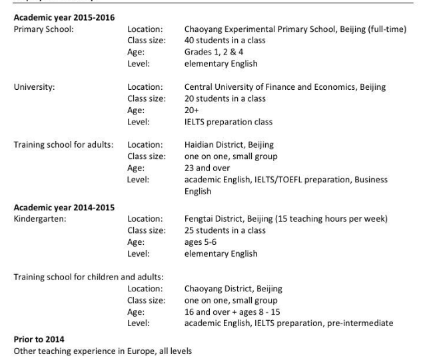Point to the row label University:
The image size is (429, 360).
[x=34, y=87]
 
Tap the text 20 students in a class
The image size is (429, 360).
[x=224, y=98]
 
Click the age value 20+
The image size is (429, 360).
[x=192, y=110]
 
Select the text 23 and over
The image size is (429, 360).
[x=207, y=168]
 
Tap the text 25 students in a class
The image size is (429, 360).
[x=224, y=230]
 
